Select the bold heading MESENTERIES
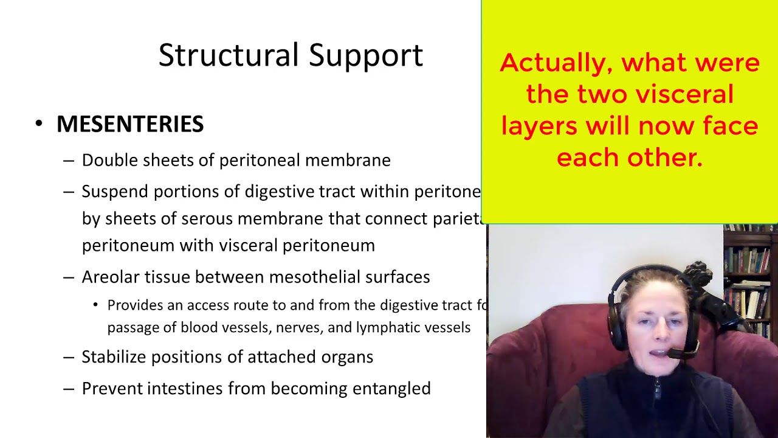(130, 124)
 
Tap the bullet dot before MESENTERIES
(40, 124)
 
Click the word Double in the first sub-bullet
(107, 160)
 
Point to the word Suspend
(115, 192)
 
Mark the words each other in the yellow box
(629, 158)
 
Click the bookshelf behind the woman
(750, 268)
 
